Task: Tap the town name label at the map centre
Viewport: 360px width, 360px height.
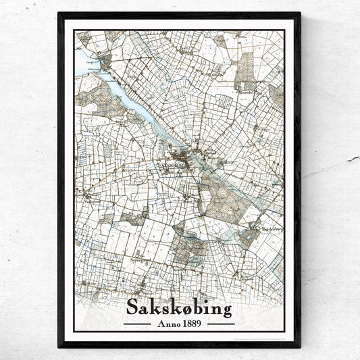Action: pyautogui.click(x=176, y=163)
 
